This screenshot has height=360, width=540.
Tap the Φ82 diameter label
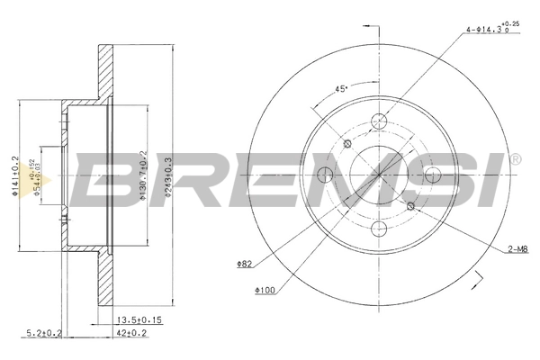(x=245, y=264)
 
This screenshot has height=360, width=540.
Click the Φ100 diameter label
(x=265, y=289)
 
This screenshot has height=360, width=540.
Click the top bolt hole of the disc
(x=379, y=121)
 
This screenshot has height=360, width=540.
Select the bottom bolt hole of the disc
(x=379, y=232)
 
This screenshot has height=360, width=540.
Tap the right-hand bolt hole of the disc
(x=435, y=176)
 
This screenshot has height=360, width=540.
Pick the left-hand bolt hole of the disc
(x=323, y=176)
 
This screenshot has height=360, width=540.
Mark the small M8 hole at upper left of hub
(x=348, y=146)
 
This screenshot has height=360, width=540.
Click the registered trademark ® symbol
(x=514, y=160)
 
